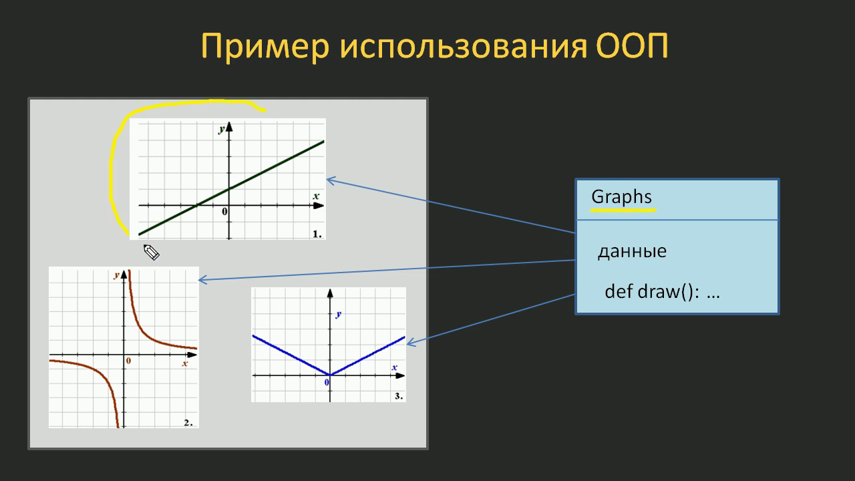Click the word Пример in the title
(265, 47)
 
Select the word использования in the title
(463, 47)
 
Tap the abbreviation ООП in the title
(632, 46)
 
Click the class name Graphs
(621, 197)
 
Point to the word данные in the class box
(632, 252)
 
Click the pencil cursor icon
(151, 252)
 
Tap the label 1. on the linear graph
(317, 234)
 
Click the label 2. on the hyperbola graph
(188, 423)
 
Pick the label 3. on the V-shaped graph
(399, 396)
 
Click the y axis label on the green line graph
(221, 130)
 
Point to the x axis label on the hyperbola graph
(185, 363)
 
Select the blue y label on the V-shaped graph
(338, 315)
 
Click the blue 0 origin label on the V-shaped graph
(327, 382)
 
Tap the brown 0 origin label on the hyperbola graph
(129, 361)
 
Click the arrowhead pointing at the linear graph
(330, 180)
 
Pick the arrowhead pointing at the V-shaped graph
(410, 343)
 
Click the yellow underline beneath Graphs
(623, 210)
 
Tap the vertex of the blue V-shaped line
(330, 375)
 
